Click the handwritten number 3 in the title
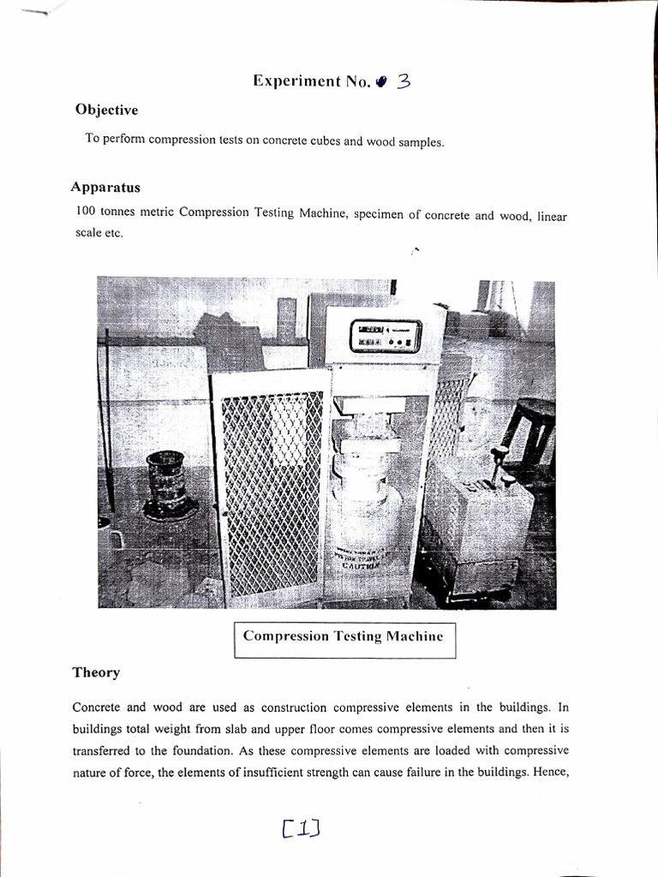point(404,81)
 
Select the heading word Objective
point(106,110)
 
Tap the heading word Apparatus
point(106,187)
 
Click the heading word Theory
point(96,672)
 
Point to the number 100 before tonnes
point(87,211)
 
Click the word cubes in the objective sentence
point(322,140)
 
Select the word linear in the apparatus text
point(552,217)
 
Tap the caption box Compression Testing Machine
point(344,637)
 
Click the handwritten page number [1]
point(300,827)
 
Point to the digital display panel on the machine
point(385,335)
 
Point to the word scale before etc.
point(89,233)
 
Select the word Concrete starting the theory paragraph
point(98,707)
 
